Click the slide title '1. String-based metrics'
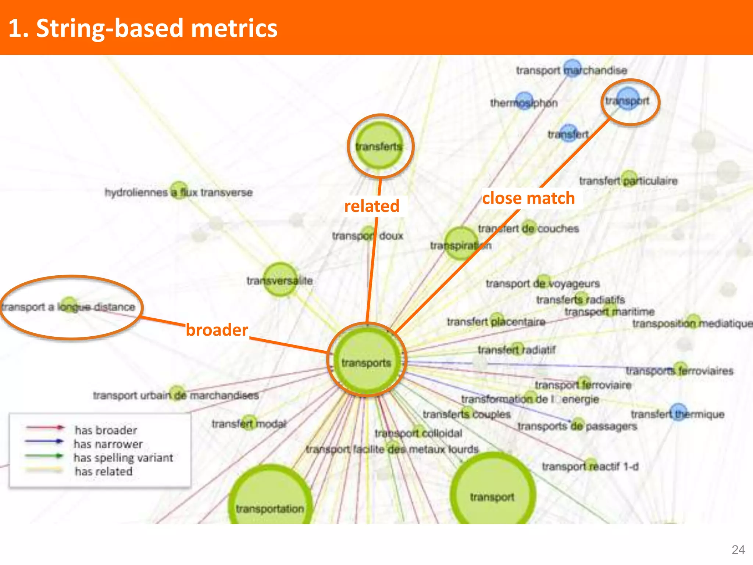[143, 28]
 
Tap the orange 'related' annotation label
[372, 206]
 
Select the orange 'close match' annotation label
[528, 198]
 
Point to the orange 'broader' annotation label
[217, 330]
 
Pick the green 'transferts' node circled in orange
[379, 146]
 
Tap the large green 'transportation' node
[270, 500]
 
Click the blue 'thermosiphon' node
[524, 101]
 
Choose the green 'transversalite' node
[281, 279]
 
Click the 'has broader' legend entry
[106, 430]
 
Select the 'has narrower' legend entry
[108, 444]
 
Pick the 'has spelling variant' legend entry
[123, 458]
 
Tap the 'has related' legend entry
[103, 471]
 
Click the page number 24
[738, 550]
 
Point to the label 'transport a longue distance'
[68, 307]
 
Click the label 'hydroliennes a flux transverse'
[179, 192]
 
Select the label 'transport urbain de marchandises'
[176, 396]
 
